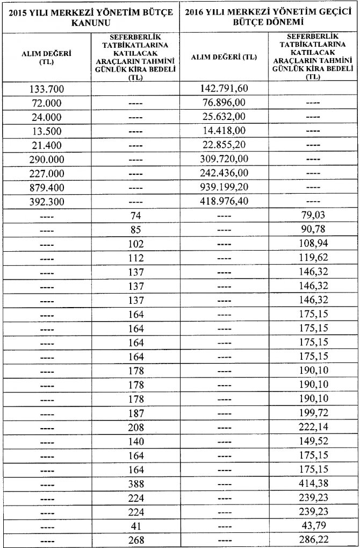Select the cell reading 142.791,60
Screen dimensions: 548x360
(224, 88)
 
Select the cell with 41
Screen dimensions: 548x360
(135, 524)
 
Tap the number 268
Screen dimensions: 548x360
(135, 539)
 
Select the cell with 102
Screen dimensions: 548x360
(135, 245)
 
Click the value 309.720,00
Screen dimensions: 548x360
(224, 160)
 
